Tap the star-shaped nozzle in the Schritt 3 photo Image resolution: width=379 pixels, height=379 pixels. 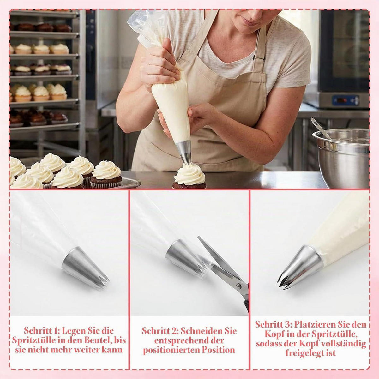299,267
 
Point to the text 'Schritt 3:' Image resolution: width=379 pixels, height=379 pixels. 273,324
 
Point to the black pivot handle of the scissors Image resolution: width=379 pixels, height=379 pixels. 246,305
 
